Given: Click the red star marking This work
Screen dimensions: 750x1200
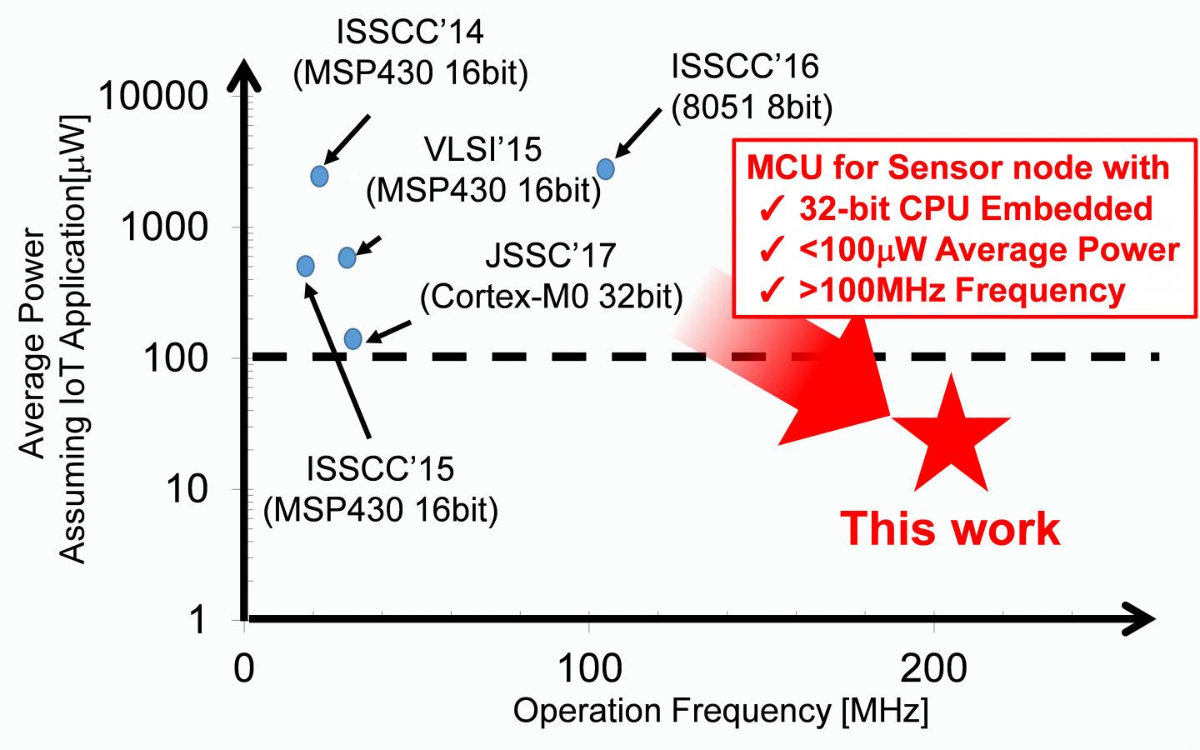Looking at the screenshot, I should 951,437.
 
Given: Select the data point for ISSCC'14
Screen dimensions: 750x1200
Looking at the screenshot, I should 319,176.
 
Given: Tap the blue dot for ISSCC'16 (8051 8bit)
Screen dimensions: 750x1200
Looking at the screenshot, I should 606,169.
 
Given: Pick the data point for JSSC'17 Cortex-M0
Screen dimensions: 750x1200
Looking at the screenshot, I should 352,338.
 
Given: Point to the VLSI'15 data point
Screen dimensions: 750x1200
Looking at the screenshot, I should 347,257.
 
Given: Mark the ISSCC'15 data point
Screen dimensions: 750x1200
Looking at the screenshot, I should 305,266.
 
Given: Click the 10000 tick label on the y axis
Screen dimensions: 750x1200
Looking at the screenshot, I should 153,97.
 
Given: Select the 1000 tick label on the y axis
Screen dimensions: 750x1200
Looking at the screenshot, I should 165,227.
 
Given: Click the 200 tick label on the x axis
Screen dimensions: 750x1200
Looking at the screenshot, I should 933,669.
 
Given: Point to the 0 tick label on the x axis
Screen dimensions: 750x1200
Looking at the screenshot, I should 243,669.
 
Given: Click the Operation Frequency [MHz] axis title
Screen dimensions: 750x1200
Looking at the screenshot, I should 720,712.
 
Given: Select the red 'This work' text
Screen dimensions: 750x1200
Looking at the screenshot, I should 950,528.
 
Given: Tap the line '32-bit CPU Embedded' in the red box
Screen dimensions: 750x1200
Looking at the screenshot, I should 975,208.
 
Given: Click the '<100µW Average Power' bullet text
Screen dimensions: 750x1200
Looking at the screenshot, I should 988,249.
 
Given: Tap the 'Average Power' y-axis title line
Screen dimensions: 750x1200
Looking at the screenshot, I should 32,342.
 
